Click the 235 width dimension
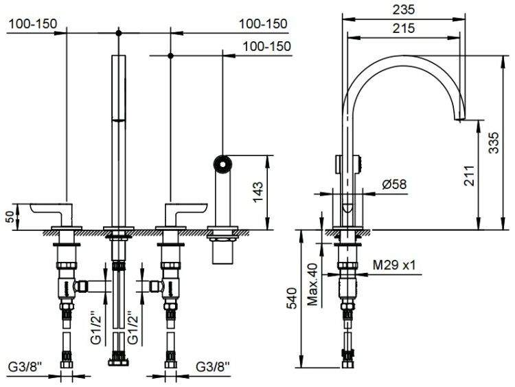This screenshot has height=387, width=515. (404, 10)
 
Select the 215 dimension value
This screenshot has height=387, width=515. (404, 28)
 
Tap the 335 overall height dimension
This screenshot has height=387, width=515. (494, 142)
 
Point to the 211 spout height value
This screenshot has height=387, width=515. (470, 175)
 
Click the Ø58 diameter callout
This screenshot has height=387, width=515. (394, 184)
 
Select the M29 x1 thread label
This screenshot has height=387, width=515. (394, 265)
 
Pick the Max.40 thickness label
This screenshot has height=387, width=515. (313, 284)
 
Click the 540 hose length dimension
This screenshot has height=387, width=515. (292, 298)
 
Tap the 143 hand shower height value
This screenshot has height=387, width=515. (257, 192)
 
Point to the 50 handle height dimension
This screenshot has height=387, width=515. (11, 217)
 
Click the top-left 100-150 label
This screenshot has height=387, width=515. (32, 23)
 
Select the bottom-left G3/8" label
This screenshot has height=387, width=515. (25, 366)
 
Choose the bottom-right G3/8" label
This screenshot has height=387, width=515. (213, 366)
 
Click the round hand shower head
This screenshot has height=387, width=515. (222, 164)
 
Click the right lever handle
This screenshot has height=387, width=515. (186, 212)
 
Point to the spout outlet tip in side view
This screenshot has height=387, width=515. (459, 120)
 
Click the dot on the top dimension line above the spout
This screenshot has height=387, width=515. (119, 33)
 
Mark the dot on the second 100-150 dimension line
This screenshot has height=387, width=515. (170, 56)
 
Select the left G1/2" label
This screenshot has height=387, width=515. (96, 327)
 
